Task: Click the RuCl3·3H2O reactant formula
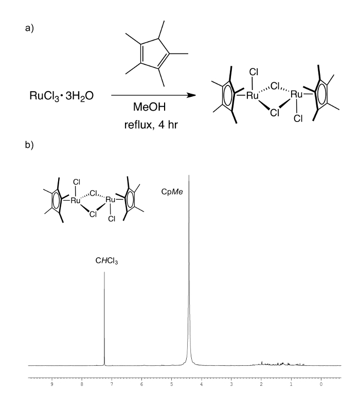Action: pyautogui.click(x=61, y=95)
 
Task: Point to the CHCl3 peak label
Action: pyautogui.click(x=104, y=262)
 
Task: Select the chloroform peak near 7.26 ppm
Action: pyautogui.click(x=104, y=319)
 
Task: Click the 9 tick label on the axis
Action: pyautogui.click(x=51, y=383)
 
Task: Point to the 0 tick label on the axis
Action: pyautogui.click(x=321, y=383)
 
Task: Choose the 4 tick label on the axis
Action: pyautogui.click(x=202, y=383)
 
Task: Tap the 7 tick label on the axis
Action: pyautogui.click(x=112, y=383)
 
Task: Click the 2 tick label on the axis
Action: pyautogui.click(x=261, y=383)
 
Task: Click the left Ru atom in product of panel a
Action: pyautogui.click(x=253, y=95)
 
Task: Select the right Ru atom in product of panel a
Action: pyautogui.click(x=297, y=95)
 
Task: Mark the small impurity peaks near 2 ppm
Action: pyautogui.click(x=262, y=363)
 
